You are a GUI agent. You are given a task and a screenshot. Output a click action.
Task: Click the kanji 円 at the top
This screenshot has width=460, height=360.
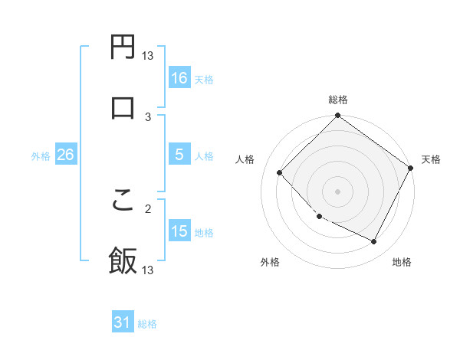(123, 47)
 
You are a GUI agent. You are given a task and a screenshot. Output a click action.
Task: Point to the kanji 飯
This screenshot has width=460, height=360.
(123, 260)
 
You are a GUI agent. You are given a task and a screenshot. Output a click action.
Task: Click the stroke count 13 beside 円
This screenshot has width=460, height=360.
(148, 55)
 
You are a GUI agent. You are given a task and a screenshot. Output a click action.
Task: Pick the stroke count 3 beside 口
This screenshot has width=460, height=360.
(149, 116)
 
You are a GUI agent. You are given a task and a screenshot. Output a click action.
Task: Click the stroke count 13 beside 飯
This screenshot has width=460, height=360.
(148, 270)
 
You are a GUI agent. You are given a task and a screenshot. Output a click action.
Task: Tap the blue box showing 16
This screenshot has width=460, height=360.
(179, 78)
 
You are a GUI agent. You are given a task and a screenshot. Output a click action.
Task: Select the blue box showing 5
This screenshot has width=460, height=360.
(179, 155)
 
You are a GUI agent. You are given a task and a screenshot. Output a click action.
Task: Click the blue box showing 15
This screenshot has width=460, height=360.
(179, 231)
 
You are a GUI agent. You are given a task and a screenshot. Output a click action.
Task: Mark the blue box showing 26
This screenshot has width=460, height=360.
(65, 155)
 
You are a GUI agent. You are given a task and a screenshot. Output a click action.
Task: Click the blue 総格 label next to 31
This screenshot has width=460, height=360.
(147, 324)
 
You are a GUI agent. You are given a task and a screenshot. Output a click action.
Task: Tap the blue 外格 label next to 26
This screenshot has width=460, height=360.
(41, 155)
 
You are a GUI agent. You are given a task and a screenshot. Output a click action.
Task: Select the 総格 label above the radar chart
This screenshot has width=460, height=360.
(338, 100)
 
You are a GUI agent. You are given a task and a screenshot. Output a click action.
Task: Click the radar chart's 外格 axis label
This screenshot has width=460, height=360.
(270, 263)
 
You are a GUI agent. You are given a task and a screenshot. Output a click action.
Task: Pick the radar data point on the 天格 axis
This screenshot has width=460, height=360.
(411, 168)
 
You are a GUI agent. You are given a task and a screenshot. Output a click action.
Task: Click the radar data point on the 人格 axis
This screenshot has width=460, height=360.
(280, 173)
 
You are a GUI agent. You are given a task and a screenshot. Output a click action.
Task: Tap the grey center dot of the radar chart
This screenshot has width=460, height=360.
(337, 191)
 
